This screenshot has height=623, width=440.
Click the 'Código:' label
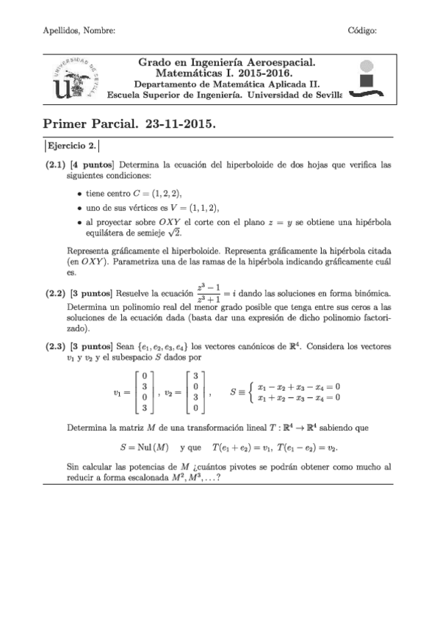tap(361, 30)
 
